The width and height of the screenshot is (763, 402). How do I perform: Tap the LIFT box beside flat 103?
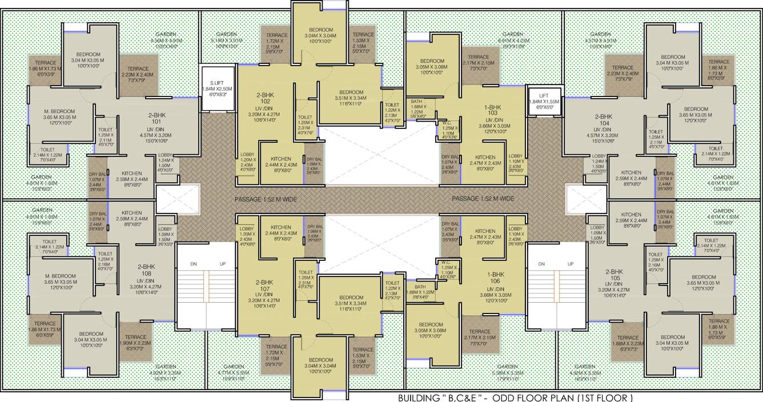[x=540, y=95]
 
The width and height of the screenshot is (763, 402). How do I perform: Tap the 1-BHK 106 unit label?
[x=495, y=278]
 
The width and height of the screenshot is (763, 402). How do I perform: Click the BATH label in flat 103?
[x=417, y=102]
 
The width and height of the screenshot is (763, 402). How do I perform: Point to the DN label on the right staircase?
[x=541, y=264]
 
